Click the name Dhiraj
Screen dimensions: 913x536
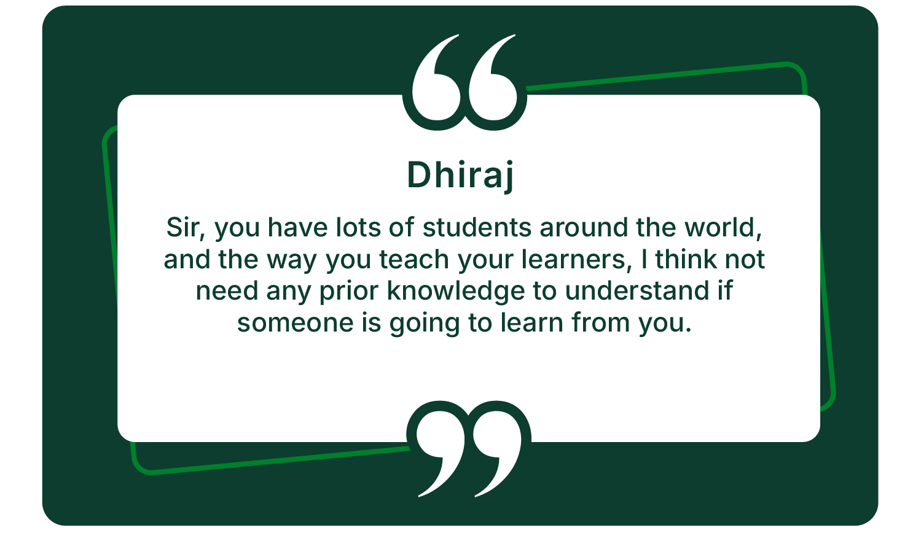tap(460, 176)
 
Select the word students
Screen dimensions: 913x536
tap(477, 227)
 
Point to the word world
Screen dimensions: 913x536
tap(723, 228)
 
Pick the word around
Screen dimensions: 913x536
tap(584, 227)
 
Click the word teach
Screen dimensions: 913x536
tap(414, 260)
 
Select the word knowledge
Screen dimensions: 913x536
tap(456, 292)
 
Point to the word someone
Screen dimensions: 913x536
tap(296, 323)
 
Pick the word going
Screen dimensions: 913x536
tap(425, 324)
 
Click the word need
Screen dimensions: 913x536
tap(227, 291)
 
